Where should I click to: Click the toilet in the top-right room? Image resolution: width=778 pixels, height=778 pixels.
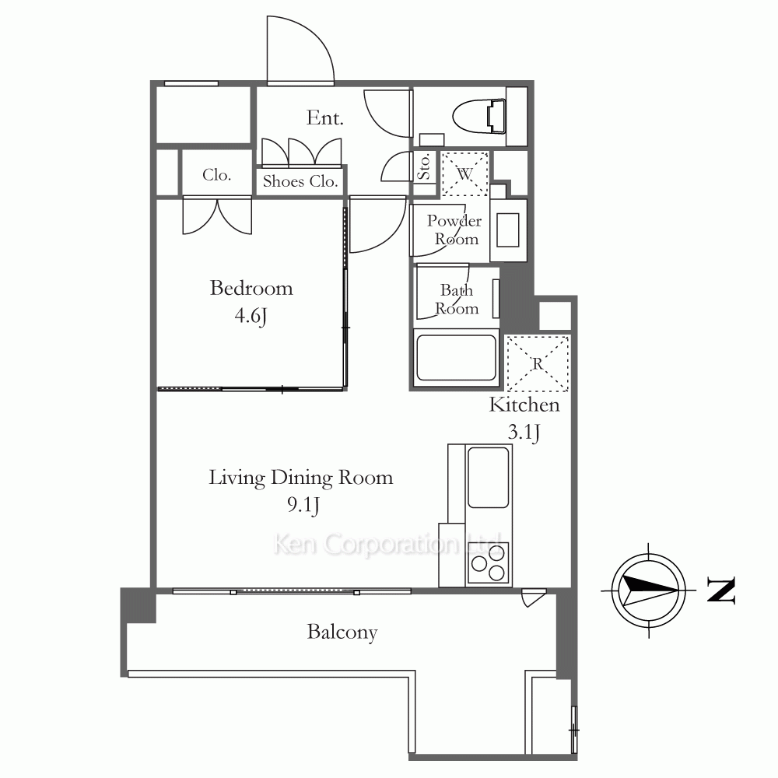tap(479, 117)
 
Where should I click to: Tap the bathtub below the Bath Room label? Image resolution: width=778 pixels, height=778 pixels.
tap(456, 358)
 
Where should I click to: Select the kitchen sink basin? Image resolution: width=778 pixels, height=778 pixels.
tap(489, 478)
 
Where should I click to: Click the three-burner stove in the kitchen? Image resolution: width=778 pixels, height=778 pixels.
tap(489, 562)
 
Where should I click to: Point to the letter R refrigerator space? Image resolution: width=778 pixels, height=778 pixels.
tap(538, 363)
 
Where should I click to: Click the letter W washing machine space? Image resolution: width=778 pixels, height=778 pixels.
tap(465, 174)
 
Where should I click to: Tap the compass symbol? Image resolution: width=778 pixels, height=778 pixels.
tap(649, 590)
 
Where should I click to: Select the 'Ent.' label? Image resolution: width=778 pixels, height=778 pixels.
tap(325, 118)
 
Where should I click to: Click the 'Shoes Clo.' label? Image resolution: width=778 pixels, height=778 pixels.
tap(300, 181)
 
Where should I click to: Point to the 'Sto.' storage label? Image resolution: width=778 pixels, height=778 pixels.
tap(424, 166)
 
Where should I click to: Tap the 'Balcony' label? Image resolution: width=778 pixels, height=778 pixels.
tap(342, 633)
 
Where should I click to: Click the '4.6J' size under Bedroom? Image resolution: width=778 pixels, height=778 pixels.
tap(251, 316)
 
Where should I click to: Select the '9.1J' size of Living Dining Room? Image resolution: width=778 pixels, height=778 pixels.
tap(303, 505)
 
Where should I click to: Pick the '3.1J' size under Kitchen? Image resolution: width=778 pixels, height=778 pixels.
tap(524, 433)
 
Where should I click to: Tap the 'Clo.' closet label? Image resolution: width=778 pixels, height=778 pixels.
tap(217, 174)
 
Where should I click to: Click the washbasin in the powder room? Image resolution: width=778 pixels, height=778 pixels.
tap(507, 230)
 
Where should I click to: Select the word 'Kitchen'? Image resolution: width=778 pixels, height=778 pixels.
tap(524, 405)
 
